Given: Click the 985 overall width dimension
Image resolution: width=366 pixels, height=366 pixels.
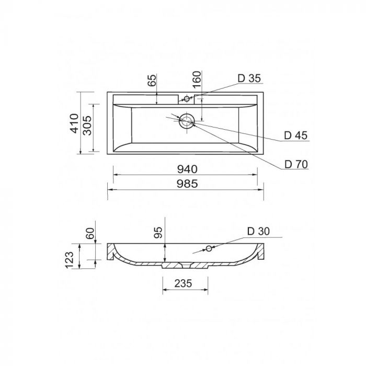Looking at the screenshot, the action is [187, 184].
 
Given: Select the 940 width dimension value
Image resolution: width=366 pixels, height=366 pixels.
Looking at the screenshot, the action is [187, 169].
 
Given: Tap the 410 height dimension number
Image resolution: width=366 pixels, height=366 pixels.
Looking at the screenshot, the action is [75, 123].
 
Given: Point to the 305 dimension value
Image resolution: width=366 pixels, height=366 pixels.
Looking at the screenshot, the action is [87, 125].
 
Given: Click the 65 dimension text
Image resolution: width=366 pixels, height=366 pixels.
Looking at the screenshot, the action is [152, 81].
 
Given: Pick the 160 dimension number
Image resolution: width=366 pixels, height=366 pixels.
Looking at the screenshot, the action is [197, 79].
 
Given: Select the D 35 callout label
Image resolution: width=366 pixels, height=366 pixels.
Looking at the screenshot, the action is [249, 78].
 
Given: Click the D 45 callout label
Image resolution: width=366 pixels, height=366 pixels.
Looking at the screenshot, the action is [296, 135].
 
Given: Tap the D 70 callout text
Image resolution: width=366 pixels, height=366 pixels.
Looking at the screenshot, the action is [296, 164].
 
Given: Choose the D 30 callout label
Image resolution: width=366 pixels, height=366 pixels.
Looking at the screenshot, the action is [258, 231].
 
